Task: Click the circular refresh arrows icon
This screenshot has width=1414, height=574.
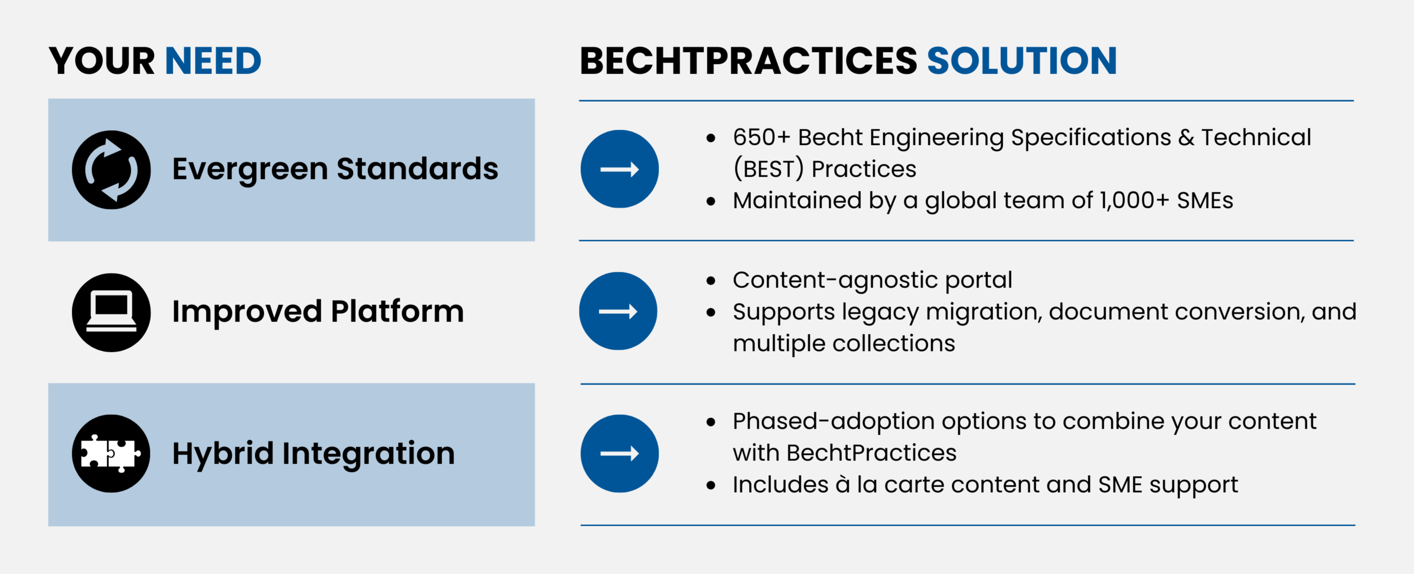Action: tap(111, 170)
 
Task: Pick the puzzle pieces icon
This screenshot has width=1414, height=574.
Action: tap(111, 453)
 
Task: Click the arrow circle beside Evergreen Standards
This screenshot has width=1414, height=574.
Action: tap(620, 169)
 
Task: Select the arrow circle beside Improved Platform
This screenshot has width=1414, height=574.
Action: tap(619, 311)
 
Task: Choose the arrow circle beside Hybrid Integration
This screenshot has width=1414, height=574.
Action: tap(620, 453)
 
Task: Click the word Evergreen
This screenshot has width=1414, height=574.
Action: tap(250, 169)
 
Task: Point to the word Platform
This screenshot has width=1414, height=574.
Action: tap(398, 311)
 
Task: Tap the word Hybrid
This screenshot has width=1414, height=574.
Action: tap(223, 453)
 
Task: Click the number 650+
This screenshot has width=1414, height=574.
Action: tap(761, 138)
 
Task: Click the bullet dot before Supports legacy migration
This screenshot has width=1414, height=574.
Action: tap(711, 313)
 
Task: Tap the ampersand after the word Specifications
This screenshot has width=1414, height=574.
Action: tap(1186, 138)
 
